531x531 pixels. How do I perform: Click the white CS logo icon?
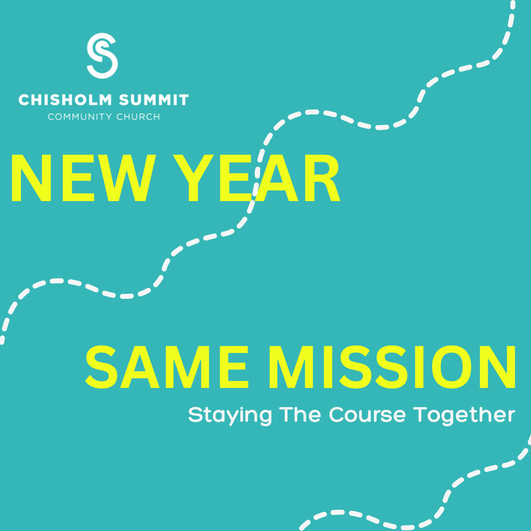tap(103, 56)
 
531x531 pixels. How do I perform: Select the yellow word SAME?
tap(166, 366)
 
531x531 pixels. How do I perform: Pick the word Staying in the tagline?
tap(230, 415)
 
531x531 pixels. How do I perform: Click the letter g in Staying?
tap(264, 417)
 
